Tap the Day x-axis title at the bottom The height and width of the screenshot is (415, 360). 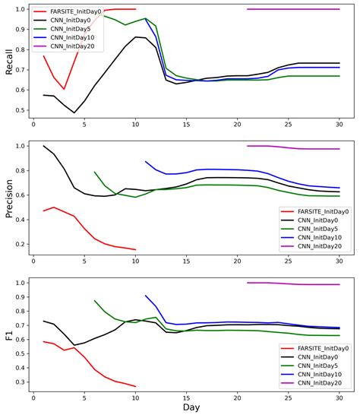pos(186,407)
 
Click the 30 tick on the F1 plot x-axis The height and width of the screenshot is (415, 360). pos(339,397)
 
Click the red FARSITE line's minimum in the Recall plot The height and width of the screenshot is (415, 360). pos(64,89)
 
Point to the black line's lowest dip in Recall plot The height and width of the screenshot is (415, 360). pos(74,112)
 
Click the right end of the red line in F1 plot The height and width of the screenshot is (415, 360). pos(135,386)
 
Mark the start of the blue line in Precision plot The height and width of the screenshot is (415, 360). pos(146,161)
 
